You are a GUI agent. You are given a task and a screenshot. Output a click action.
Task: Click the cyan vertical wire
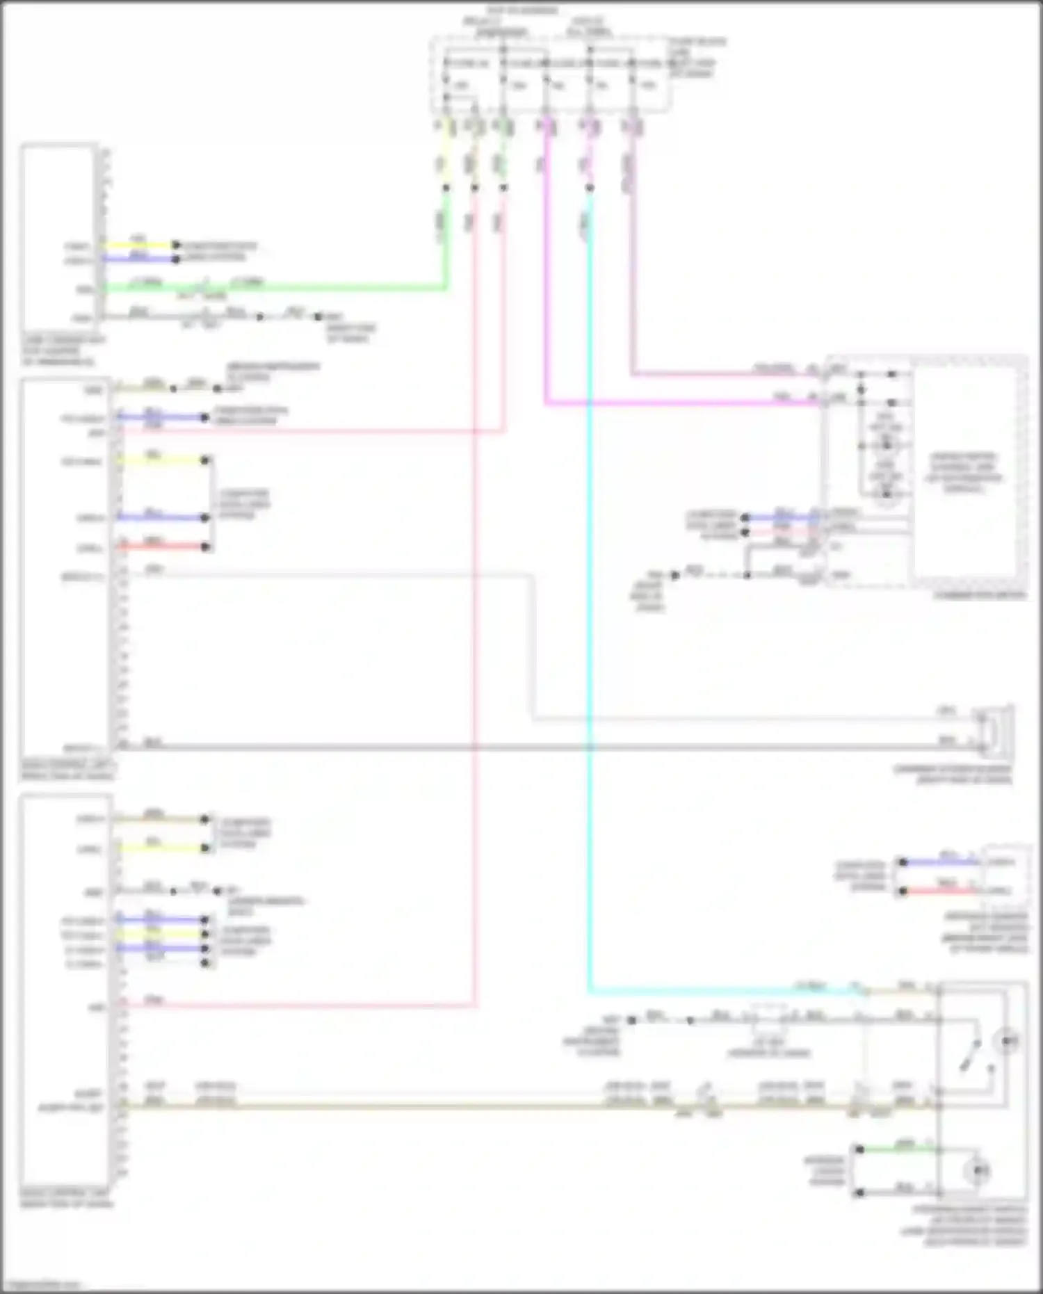pos(590,626)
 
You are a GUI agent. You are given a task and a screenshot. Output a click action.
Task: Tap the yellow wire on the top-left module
pos(139,245)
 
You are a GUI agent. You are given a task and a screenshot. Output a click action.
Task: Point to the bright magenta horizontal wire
pos(681,403)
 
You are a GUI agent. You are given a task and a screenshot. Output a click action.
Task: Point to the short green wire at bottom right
pos(897,1149)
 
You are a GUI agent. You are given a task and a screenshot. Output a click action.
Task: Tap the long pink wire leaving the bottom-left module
pos(299,1005)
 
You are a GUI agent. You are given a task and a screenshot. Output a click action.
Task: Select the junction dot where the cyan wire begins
pos(590,188)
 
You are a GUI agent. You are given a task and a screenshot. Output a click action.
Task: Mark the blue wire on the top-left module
pos(139,259)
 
